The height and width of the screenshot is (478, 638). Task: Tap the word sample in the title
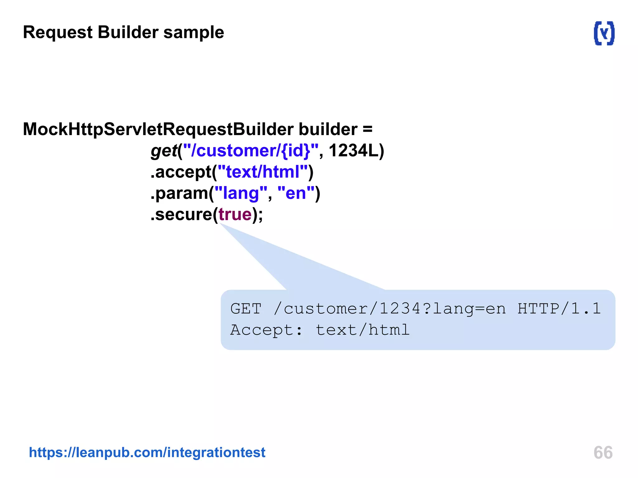coord(193,32)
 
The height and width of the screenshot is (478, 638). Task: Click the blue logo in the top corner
coord(604,33)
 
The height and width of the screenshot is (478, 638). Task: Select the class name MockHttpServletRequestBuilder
coord(158,129)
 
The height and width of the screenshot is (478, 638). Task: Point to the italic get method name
coord(164,151)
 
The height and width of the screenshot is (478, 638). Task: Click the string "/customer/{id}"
coord(251,151)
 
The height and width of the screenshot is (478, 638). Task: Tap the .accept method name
coord(181,172)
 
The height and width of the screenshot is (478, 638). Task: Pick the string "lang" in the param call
coord(241,193)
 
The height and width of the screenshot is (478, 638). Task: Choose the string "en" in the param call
coord(296,193)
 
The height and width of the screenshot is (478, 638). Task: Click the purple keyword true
coord(235,214)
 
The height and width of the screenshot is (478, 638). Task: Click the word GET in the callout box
coord(246,309)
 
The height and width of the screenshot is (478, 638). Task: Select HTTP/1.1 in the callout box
coord(559,309)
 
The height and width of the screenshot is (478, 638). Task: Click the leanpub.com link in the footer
coord(147,452)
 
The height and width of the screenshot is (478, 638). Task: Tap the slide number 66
coord(603,452)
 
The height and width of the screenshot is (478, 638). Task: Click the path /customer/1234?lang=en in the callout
coord(390,309)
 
